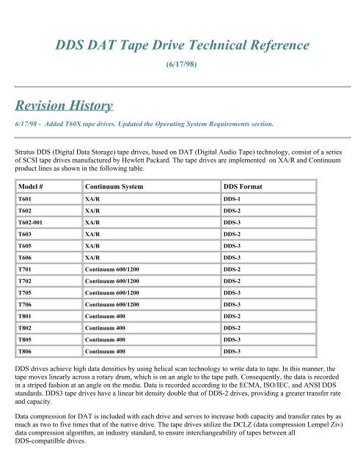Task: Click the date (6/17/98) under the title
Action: click(x=181, y=73)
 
